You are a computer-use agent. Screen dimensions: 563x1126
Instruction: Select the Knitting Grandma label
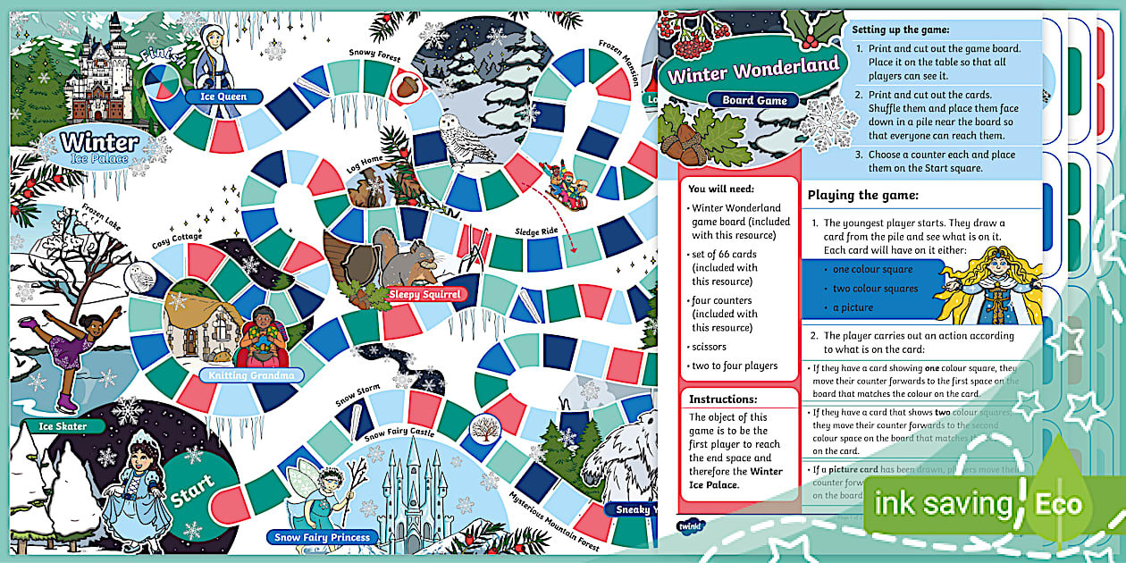coord(251,375)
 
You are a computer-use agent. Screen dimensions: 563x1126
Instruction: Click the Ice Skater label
coord(63,426)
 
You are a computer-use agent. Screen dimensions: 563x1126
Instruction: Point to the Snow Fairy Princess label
coord(323,537)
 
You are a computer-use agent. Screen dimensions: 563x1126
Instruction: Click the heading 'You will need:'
coord(722,189)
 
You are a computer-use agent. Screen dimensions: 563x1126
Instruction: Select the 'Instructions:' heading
coord(722,399)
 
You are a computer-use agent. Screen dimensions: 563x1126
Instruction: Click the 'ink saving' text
coord(943,505)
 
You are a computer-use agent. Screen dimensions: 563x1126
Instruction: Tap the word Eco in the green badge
coord(1058,505)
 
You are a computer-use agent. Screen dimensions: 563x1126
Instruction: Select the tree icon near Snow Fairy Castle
coord(485,426)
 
